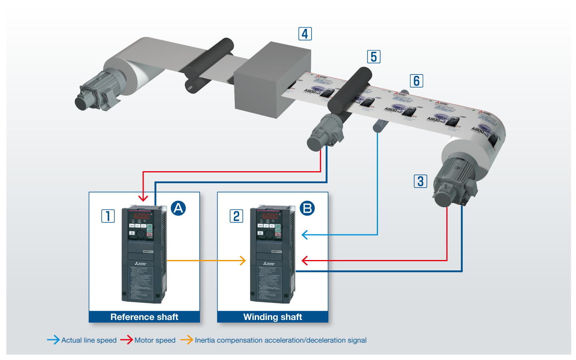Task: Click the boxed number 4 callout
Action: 305,34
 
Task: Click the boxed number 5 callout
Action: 374,57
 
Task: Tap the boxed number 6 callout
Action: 416,81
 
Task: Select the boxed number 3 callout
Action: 420,181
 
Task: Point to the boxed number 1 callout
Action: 108,216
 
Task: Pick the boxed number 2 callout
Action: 236,216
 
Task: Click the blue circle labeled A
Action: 178,208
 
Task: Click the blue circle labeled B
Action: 307,208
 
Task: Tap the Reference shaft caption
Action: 144,317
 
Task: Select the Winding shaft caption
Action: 272,317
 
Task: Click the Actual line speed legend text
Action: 89,340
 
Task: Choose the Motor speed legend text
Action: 155,340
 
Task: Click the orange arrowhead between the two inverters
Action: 242,260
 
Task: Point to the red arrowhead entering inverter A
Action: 143,198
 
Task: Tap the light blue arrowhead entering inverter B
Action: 305,235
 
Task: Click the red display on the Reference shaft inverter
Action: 141,216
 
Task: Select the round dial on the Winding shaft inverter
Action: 269,234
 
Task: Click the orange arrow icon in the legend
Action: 186,340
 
